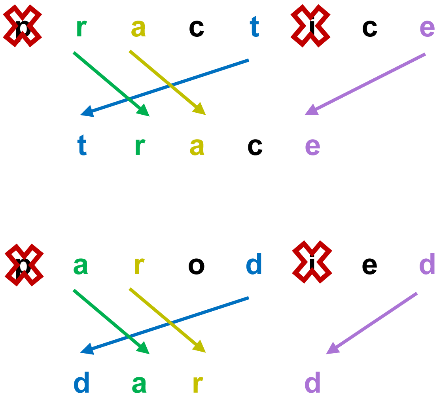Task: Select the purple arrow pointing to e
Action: pos(365,84)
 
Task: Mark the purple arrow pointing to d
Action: pos(371,323)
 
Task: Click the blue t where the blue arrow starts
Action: pos(254,28)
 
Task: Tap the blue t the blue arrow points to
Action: pos(82,147)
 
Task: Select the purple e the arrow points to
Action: pos(312,148)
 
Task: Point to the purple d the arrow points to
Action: pos(313,383)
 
